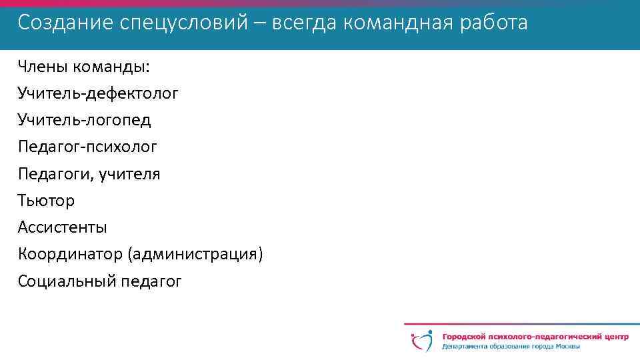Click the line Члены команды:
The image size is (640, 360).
(84, 67)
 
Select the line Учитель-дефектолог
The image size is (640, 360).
(98, 93)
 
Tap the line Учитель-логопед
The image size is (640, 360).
(85, 120)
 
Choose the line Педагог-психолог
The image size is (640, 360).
(88, 147)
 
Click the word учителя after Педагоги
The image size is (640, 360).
(129, 174)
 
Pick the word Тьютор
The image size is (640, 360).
(47, 201)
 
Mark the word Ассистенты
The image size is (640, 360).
(63, 227)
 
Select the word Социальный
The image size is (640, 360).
(67, 281)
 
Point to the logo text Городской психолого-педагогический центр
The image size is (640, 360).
(535, 337)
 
